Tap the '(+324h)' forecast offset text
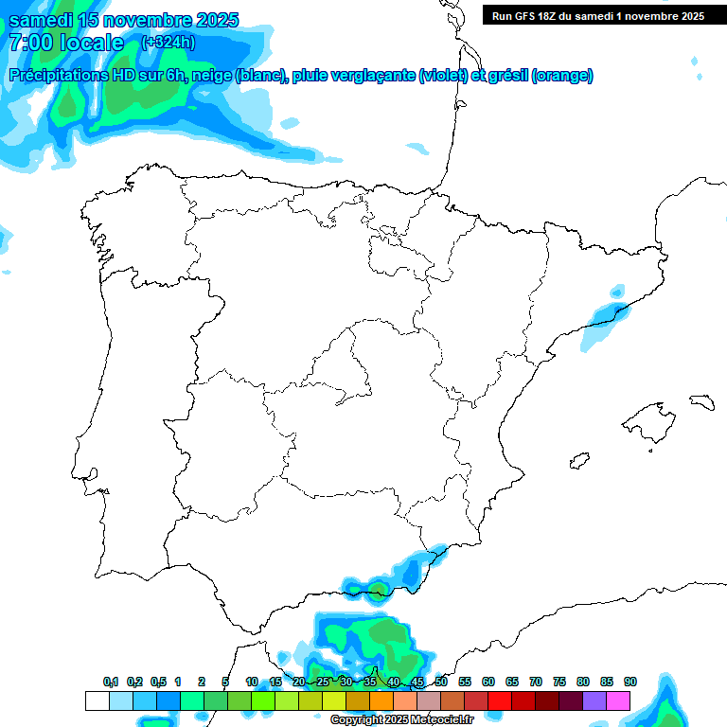[168, 43]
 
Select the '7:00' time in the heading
[30, 43]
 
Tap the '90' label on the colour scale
[630, 683]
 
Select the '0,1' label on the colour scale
[111, 683]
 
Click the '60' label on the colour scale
[488, 683]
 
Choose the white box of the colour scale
[97, 700]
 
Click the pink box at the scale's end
[618, 700]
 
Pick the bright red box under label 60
[500, 700]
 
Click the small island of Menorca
[701, 401]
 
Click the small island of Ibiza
[578, 461]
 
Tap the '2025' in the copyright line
[397, 720]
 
